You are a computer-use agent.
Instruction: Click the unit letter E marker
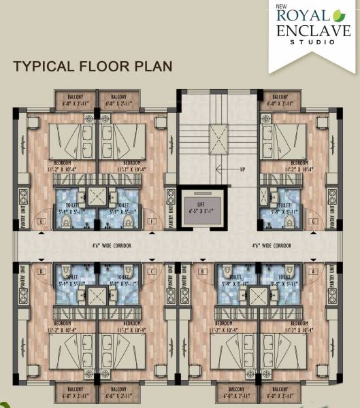(42, 222)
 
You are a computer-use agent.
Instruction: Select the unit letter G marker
(312, 222)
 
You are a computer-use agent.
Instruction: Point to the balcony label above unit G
(278, 101)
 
